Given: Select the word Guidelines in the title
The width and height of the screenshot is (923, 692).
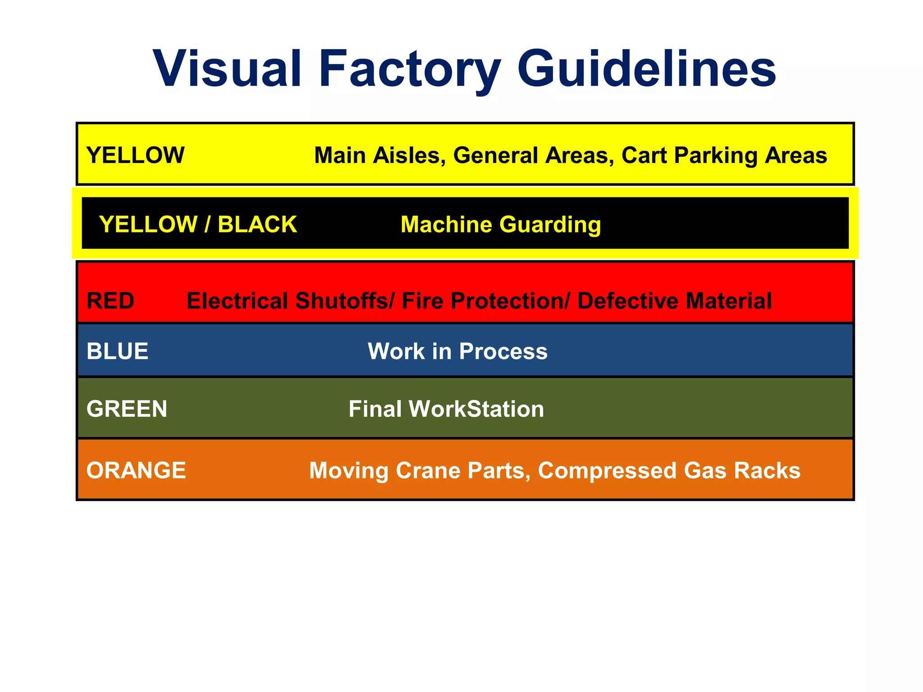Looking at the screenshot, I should (647, 68).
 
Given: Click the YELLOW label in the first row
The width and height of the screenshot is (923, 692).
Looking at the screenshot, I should (135, 155).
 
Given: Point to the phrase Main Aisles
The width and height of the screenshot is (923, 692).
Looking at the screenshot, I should (379, 156).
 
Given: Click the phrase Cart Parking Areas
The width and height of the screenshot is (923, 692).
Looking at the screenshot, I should (724, 156).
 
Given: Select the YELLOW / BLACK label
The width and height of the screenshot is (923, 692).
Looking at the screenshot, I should (198, 224).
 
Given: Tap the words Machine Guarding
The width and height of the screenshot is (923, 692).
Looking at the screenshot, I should (501, 224).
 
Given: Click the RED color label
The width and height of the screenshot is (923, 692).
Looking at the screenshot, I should (110, 300).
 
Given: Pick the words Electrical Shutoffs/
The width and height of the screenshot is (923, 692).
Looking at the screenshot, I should (291, 301).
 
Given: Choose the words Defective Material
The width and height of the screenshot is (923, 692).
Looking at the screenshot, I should (675, 301).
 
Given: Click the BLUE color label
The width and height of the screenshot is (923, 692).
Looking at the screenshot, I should (117, 351).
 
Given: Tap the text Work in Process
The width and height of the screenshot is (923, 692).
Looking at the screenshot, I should (457, 351).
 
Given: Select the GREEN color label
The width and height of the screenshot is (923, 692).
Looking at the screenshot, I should (127, 409).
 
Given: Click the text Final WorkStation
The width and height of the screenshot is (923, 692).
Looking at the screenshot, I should (446, 409).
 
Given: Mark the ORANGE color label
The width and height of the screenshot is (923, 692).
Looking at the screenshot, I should (136, 470).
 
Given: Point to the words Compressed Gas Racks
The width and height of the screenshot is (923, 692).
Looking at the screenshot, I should (669, 471).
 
